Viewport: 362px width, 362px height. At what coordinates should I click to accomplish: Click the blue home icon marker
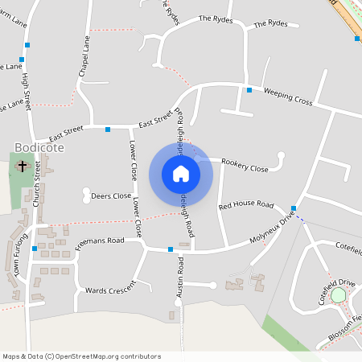click(181, 173)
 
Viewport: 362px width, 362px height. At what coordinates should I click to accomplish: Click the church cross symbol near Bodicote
click(22, 167)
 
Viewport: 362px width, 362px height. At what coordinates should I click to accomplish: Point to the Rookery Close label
click(245, 169)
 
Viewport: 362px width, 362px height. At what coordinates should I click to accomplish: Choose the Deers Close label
click(111, 195)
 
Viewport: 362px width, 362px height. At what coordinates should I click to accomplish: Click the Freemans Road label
click(100, 241)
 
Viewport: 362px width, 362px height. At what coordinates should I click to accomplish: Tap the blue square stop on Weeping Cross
click(249, 89)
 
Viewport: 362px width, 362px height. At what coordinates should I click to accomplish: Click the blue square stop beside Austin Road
click(171, 250)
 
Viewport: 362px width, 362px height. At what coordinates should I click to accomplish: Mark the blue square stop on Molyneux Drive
click(294, 208)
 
